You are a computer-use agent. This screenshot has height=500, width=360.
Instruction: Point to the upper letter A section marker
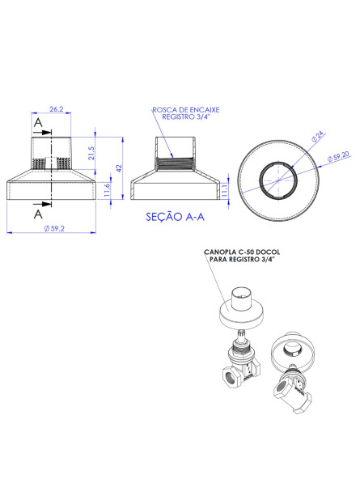point(37,122)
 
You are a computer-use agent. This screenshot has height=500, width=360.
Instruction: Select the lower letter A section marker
point(37,216)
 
